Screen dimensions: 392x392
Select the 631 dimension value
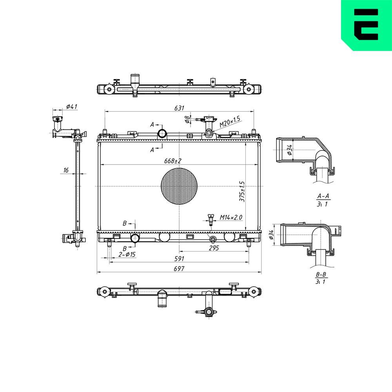pos(179,108)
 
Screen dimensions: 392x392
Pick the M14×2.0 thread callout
pos(231,217)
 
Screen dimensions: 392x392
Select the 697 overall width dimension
pos(179,269)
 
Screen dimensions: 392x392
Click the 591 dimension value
pos(179,259)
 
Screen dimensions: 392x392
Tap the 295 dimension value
pos(214,248)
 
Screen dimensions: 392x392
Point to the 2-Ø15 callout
pos(127,255)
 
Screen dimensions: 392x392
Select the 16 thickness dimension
pos(65,170)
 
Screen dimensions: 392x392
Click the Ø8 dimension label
pos(187,118)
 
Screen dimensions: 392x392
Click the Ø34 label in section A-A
pos(290,150)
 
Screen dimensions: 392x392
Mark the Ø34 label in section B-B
pos(271,235)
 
